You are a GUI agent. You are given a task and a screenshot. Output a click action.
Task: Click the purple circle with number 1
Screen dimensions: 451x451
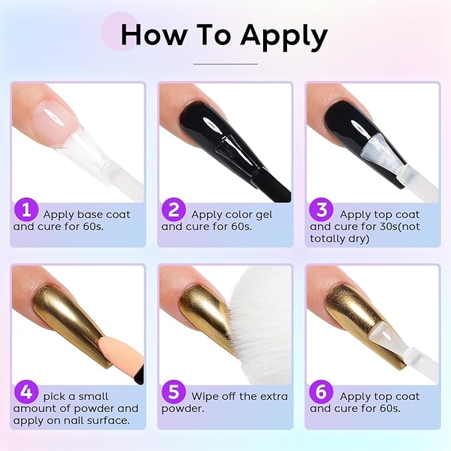tap(26, 210)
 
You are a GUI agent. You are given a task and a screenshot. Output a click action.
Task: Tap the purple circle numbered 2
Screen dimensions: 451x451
tap(174, 210)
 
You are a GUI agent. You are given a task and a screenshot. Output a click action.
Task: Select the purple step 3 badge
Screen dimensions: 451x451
tap(321, 210)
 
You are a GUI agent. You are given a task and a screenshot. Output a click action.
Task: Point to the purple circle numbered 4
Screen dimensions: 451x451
tap(26, 392)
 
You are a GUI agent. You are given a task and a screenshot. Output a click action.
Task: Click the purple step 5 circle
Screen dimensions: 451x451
tap(174, 392)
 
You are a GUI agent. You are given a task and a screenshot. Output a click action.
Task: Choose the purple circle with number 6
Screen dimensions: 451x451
tap(321, 392)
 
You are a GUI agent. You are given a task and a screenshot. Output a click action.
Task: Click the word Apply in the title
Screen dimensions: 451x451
tap(284, 37)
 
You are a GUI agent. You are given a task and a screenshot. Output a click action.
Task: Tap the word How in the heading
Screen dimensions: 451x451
tap(153, 35)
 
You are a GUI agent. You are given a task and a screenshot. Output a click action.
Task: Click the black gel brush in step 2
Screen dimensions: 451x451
tap(253, 167)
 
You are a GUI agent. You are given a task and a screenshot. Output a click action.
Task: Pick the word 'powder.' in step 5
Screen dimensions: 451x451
tap(183, 409)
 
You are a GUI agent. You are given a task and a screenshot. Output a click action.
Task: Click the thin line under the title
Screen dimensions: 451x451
tap(225, 64)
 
